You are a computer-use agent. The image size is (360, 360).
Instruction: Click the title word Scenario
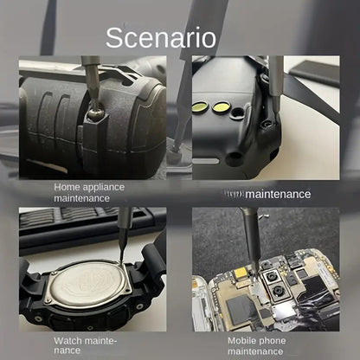(161, 38)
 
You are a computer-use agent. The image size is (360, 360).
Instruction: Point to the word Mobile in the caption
(244, 340)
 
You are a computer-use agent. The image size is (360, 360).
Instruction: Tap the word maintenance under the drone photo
(278, 194)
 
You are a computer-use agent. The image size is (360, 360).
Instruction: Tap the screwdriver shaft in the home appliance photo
(88, 82)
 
